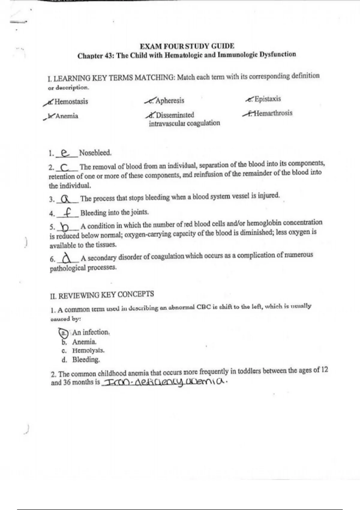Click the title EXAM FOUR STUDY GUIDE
187,46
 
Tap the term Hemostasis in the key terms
71,102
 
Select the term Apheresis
170,101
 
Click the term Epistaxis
268,99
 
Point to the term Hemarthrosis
273,113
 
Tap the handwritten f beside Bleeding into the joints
68,213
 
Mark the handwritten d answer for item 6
67,258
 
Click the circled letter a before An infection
63,333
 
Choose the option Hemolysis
88,350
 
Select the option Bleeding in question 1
86,360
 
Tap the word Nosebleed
95,153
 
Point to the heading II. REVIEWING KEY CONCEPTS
102,295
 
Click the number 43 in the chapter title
108,56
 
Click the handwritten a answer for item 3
66,199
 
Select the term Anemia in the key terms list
67,116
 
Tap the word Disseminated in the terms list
175,115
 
